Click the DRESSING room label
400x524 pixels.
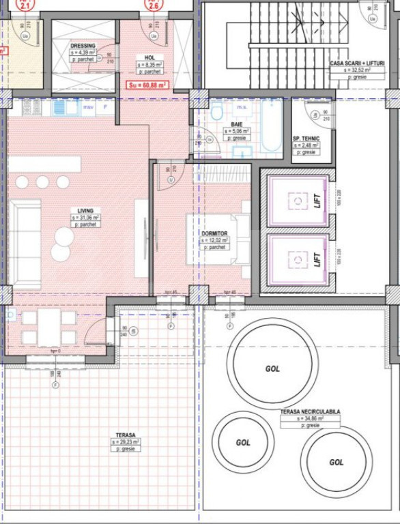(x=83, y=46)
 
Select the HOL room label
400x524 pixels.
(x=149, y=58)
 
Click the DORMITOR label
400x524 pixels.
(x=214, y=233)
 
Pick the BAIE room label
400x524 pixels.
(x=236, y=124)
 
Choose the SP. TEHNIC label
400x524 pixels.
(x=305, y=138)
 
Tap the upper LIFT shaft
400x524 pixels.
(x=296, y=201)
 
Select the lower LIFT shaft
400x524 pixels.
(x=296, y=259)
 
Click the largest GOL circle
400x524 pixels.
(x=272, y=368)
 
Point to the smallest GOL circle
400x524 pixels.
(x=243, y=442)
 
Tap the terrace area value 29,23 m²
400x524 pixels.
(x=125, y=442)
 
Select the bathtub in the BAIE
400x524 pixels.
(x=270, y=126)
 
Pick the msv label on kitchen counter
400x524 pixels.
(x=88, y=107)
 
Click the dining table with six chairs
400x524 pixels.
(x=48, y=327)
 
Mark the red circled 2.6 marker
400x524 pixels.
(x=154, y=5)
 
